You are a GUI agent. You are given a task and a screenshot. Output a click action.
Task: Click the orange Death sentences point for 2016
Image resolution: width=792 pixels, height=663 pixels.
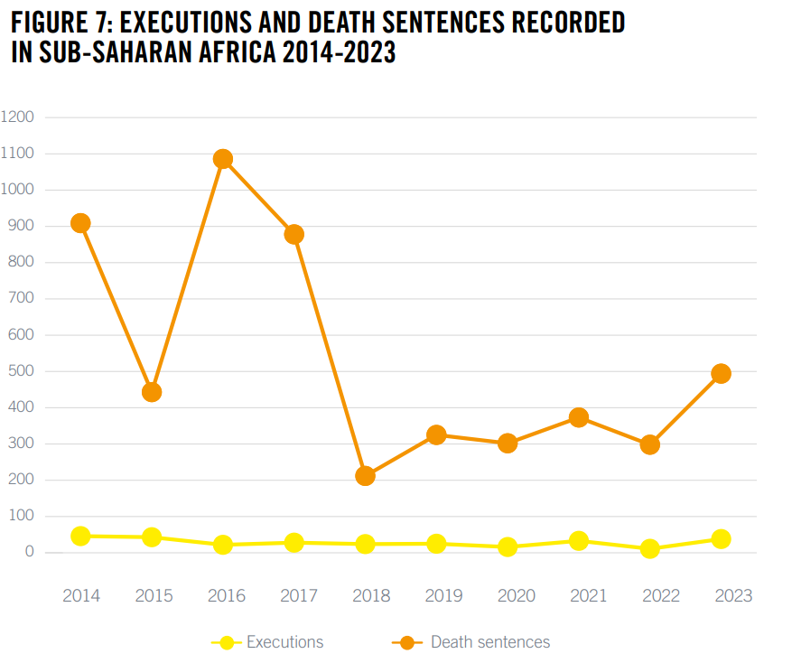[x=223, y=159]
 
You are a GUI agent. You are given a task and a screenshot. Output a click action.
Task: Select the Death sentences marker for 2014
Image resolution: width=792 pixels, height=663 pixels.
[x=80, y=223]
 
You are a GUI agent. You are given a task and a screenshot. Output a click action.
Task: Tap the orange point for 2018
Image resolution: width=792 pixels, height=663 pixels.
[x=365, y=475]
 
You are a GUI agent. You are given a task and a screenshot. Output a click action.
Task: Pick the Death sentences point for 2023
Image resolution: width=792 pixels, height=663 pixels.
[x=721, y=373]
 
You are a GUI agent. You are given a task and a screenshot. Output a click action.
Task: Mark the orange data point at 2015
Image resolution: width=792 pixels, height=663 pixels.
[x=152, y=392]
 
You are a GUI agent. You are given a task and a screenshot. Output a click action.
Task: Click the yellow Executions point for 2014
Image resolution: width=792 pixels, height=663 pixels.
[x=80, y=536]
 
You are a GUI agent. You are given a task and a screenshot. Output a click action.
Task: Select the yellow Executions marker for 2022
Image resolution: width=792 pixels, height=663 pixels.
[x=649, y=548]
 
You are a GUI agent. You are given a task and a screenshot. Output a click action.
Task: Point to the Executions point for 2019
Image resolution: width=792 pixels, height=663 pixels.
[x=436, y=544]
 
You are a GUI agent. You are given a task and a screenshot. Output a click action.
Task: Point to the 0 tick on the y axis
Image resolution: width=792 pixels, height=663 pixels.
[x=30, y=552]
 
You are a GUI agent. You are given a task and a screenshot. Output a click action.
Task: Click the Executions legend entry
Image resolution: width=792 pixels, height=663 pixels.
[x=284, y=642]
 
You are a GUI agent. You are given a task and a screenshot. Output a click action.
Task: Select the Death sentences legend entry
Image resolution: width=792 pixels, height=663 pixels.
[x=489, y=642]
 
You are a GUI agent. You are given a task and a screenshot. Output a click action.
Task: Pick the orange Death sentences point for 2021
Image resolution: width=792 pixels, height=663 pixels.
[x=579, y=417]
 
